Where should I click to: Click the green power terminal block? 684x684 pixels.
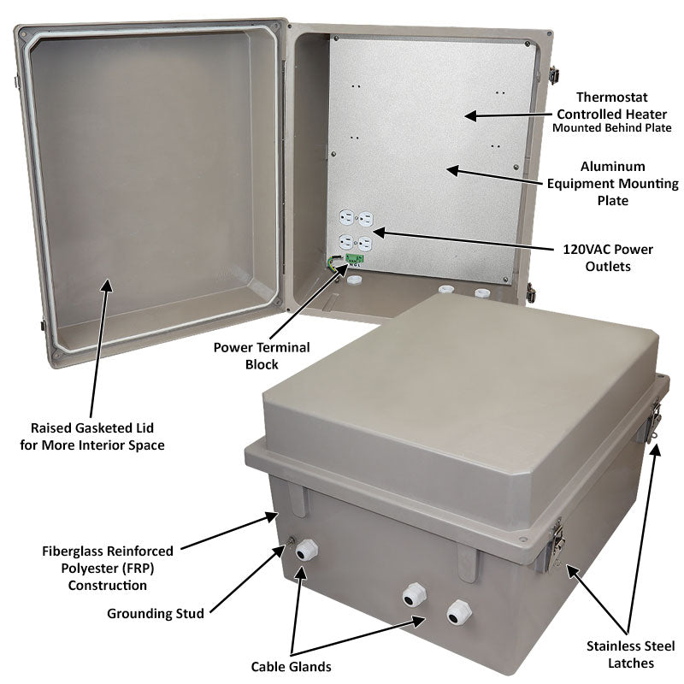point(357,258)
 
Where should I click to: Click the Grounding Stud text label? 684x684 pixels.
point(155,613)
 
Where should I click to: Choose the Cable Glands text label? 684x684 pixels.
point(291,666)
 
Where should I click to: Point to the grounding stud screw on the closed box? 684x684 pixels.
point(291,540)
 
